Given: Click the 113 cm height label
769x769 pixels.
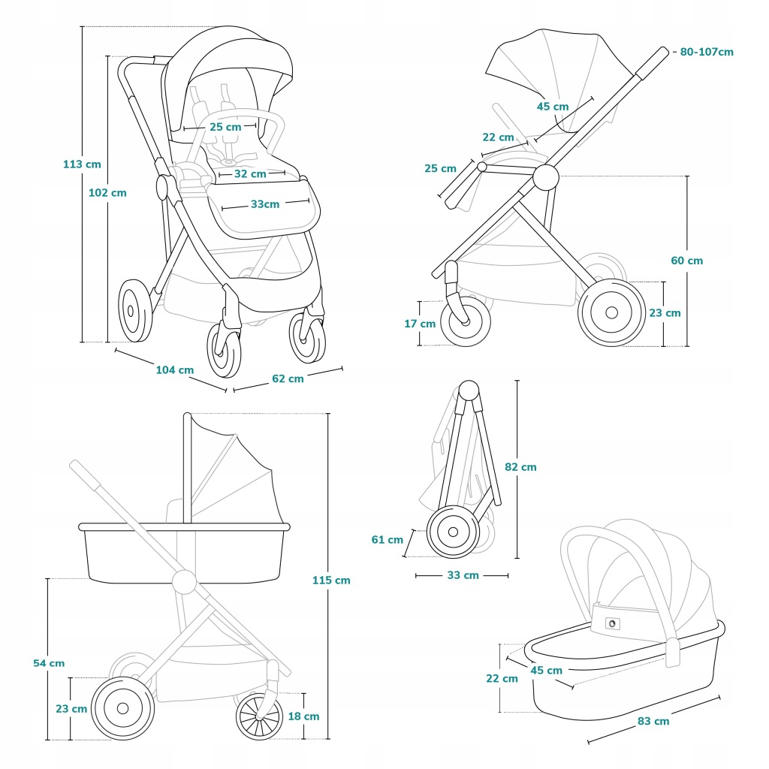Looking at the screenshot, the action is [x=82, y=164].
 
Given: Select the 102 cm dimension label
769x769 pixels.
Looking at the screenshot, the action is [x=107, y=193].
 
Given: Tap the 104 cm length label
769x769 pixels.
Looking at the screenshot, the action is [x=174, y=369].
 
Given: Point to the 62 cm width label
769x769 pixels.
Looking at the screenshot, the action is [x=288, y=378].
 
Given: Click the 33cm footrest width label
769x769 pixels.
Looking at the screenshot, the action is [x=265, y=204].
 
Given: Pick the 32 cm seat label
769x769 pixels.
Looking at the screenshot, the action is [x=250, y=174].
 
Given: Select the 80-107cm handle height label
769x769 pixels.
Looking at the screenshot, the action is [x=707, y=52].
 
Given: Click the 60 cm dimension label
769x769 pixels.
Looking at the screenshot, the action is [x=686, y=261].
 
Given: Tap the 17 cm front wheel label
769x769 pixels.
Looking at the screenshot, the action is [x=420, y=324].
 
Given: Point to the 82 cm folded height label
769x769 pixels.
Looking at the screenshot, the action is [x=521, y=467].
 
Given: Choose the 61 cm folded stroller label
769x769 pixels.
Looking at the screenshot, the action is [x=387, y=539].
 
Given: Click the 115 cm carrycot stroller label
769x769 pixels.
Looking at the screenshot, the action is [x=331, y=581].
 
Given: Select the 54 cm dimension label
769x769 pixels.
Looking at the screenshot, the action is [x=49, y=663].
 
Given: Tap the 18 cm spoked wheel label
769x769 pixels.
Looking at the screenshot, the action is [x=303, y=716].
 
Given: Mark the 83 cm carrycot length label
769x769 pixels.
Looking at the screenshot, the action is [x=653, y=721].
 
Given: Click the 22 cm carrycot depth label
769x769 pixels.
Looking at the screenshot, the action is [x=502, y=679].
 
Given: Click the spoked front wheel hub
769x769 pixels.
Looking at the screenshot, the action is [x=259, y=716].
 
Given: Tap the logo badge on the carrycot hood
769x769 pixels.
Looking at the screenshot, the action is [x=612, y=624].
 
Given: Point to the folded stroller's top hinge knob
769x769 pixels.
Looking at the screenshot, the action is [x=469, y=391].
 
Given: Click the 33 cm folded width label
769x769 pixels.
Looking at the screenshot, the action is [x=463, y=575].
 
